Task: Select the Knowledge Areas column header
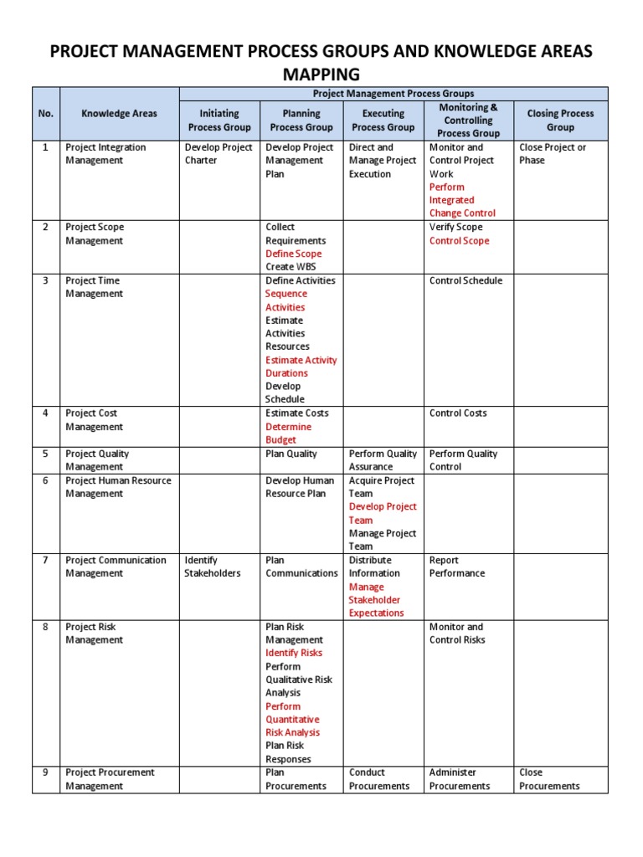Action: pos(119,113)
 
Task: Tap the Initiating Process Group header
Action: pos(219,120)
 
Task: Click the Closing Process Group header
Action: pos(560,120)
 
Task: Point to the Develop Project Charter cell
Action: pos(218,154)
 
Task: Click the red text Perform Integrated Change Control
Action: pos(463,200)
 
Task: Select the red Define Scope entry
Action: pos(293,254)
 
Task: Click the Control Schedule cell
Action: pos(466,280)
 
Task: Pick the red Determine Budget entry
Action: pos(288,433)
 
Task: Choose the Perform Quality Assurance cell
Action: pos(383,459)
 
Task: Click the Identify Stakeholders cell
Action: pos(213,567)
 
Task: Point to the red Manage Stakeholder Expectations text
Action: pos(376,600)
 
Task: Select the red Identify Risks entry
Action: pos(294,653)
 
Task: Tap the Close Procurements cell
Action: pos(549,779)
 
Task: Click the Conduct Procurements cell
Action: pos(379,779)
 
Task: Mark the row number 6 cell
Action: pos(45,480)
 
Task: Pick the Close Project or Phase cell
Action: pos(553,154)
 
